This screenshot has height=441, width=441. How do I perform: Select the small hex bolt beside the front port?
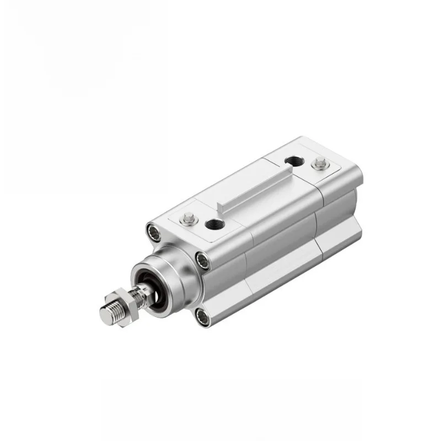[189, 216]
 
